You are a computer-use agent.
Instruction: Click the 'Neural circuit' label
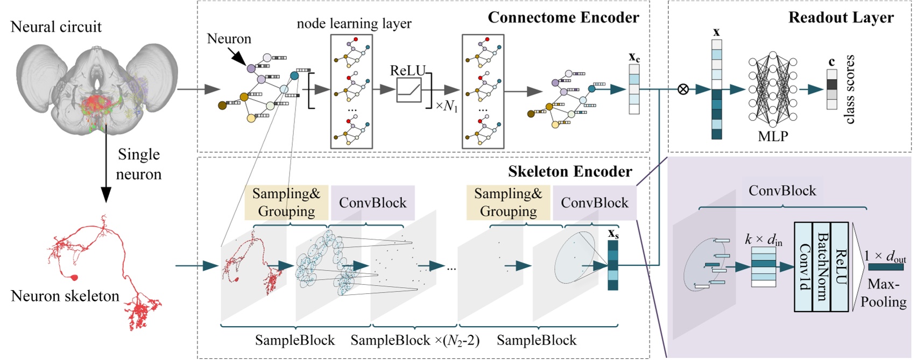(56, 26)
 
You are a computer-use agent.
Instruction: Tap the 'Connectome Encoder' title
(563, 17)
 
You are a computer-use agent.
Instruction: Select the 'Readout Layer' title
(841, 17)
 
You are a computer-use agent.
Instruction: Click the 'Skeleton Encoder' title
(570, 171)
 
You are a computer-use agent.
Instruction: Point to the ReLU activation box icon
(409, 90)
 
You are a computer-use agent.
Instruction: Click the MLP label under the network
(773, 136)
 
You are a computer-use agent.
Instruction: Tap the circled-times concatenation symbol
(683, 89)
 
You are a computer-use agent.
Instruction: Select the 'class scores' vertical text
(850, 89)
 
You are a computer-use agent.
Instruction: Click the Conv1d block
(803, 267)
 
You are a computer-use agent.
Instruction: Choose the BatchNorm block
(822, 267)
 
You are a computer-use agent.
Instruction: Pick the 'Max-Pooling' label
(883, 293)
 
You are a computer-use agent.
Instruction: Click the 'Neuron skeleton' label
(65, 296)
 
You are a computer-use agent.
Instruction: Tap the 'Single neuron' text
(139, 164)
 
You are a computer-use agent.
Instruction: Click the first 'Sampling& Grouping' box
(286, 202)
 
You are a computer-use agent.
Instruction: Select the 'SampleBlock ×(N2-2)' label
(414, 340)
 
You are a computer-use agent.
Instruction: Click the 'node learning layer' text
(354, 24)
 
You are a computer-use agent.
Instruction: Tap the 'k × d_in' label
(764, 239)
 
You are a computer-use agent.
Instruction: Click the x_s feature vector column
(613, 265)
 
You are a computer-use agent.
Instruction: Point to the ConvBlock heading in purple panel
(782, 190)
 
